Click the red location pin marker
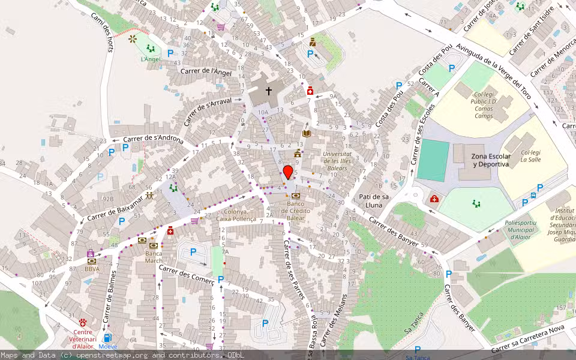tap(288, 172)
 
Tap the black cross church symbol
tap(269, 91)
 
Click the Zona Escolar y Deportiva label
tap(490, 160)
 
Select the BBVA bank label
tap(92, 269)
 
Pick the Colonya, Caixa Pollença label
tap(240, 215)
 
